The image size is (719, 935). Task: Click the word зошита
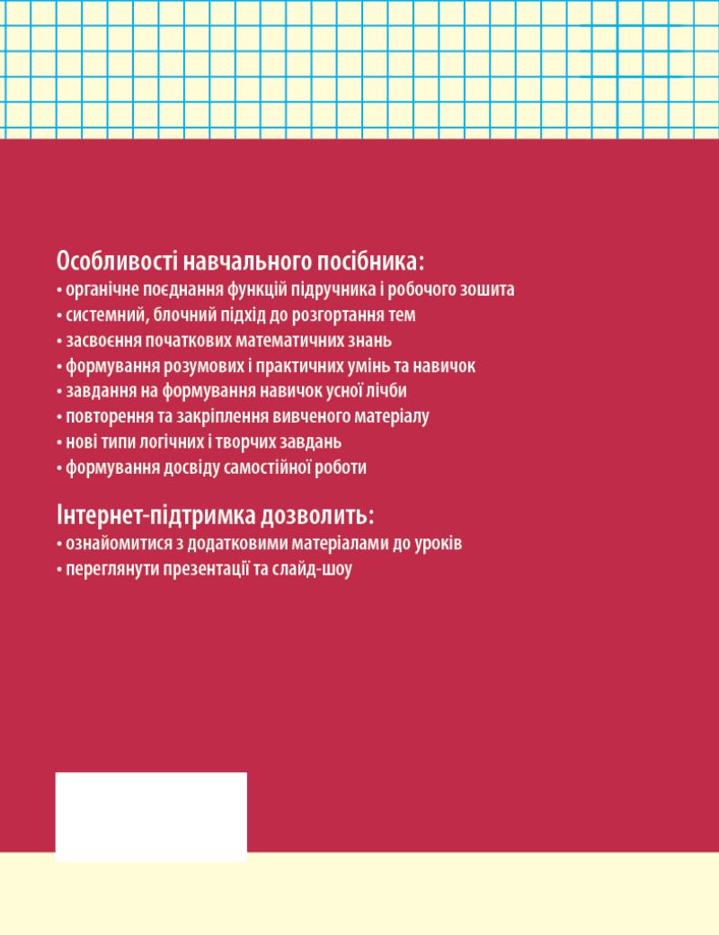tap(489, 290)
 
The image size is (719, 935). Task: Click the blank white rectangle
tap(151, 816)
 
